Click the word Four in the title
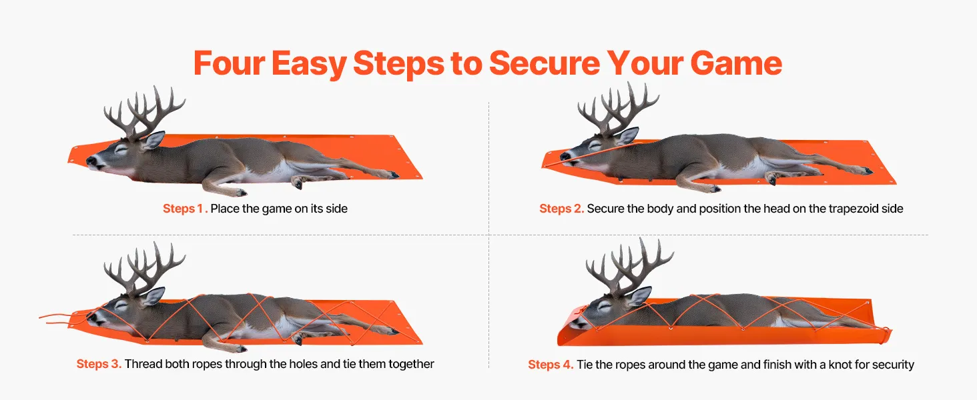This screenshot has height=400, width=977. [230, 63]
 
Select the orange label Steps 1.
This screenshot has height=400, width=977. [185, 209]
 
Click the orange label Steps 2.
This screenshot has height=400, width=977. [561, 209]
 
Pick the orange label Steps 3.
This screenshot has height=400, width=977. [99, 364]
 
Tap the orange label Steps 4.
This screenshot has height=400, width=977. [551, 364]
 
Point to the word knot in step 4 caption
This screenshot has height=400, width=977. [840, 364]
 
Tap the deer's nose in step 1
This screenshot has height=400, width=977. [91, 161]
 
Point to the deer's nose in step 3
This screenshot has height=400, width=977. [91, 317]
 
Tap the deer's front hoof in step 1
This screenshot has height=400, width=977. [240, 192]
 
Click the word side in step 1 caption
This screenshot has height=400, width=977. [337, 209]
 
